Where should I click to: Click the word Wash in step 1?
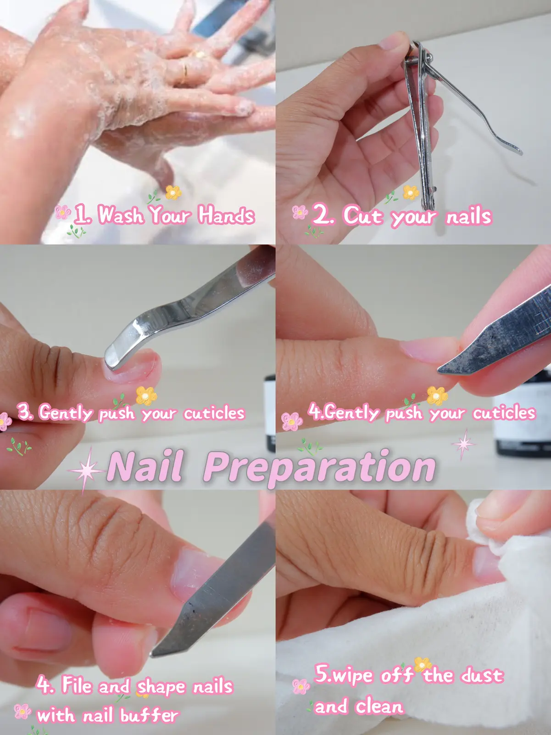(x=120, y=215)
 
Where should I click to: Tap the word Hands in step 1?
(x=226, y=215)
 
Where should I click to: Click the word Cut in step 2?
(x=362, y=215)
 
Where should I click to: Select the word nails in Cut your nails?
(x=468, y=216)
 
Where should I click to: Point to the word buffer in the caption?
(x=149, y=715)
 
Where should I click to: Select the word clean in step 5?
(x=379, y=706)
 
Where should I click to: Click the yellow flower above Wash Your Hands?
(x=173, y=192)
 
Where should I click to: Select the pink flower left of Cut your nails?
(x=300, y=212)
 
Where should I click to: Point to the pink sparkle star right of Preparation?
(x=462, y=443)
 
